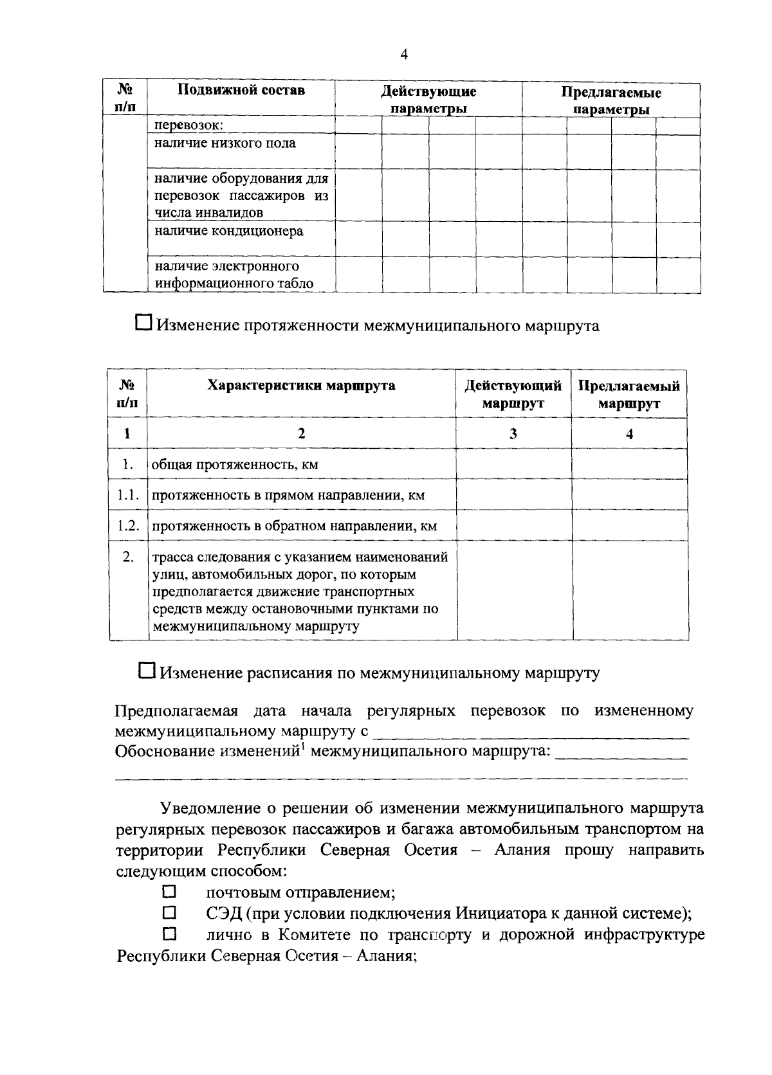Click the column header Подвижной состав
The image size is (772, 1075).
(x=241, y=90)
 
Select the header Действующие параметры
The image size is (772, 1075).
(x=428, y=100)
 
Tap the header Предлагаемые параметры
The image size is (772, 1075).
(x=611, y=101)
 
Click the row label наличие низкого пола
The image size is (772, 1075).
(x=225, y=143)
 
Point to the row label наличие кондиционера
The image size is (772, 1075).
(x=229, y=231)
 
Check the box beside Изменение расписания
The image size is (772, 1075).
(x=147, y=671)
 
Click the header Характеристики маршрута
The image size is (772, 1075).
(x=301, y=386)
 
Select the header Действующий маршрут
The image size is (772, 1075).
(x=513, y=394)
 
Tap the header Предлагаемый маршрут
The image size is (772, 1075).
(x=629, y=395)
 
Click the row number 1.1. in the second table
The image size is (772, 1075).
(x=128, y=495)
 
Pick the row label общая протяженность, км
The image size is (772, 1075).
(x=235, y=465)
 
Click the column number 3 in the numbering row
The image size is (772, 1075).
(x=513, y=434)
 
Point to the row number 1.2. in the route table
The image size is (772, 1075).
(x=128, y=526)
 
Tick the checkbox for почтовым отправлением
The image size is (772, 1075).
(x=169, y=892)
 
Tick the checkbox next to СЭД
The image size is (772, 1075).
(x=169, y=912)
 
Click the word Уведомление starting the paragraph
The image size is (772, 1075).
(x=207, y=808)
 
